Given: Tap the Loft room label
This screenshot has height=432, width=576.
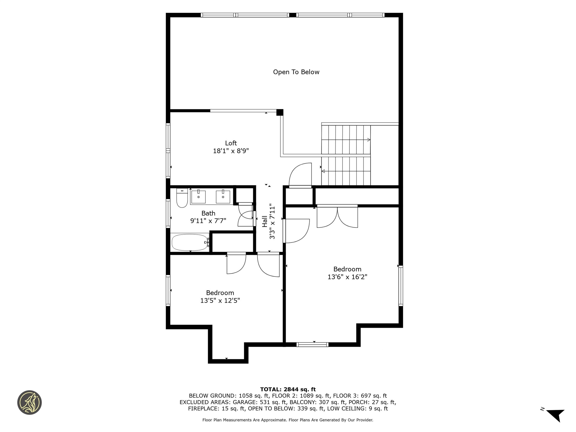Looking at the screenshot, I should (231, 143).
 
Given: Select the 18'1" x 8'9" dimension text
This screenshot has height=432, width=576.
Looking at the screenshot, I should (231, 151).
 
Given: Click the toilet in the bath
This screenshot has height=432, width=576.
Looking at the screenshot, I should (182, 198).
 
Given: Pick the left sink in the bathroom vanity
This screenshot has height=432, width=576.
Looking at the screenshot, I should (198, 197).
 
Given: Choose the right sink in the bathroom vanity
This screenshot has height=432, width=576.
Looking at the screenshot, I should (223, 197).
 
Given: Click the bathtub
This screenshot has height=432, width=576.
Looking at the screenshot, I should (190, 242).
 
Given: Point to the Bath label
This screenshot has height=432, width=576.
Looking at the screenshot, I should (208, 213).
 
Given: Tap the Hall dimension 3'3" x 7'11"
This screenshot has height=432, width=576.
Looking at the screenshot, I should (272, 221).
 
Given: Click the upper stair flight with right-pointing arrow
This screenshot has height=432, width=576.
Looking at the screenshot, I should (346, 140).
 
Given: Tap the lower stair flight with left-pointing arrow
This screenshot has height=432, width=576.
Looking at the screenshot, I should (346, 171).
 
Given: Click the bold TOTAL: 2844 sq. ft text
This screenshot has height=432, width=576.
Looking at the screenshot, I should (288, 389).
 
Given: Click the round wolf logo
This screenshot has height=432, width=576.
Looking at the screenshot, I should (29, 402).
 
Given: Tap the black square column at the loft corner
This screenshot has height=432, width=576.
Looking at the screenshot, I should (280, 112).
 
